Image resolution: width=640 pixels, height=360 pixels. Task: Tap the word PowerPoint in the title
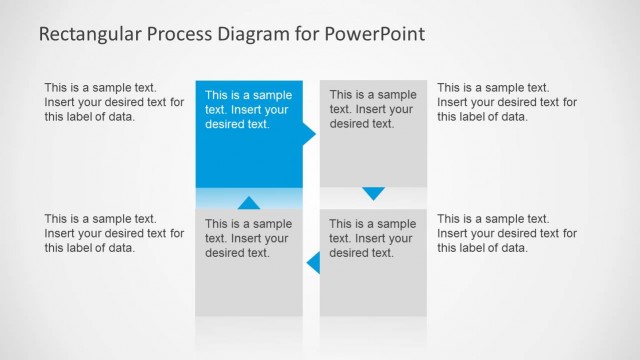tap(374, 34)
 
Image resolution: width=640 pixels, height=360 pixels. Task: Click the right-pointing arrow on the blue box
tap(309, 132)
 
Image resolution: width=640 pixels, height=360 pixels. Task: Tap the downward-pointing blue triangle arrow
tap(373, 193)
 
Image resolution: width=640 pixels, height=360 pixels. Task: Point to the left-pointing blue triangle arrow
tap(313, 263)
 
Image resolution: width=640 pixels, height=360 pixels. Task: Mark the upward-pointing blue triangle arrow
tap(249, 203)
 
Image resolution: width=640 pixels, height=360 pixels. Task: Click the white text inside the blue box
tap(248, 110)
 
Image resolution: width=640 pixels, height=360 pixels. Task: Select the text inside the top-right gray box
tap(373, 110)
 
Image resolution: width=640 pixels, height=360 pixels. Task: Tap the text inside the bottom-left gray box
tap(248, 238)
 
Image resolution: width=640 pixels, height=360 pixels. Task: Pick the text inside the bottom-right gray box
tap(373, 238)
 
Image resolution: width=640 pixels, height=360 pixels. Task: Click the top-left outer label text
tap(114, 102)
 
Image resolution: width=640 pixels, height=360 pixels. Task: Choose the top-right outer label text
tap(507, 102)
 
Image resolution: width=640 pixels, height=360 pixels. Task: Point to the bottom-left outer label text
tap(114, 233)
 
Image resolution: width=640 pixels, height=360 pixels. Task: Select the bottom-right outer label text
tap(507, 233)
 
